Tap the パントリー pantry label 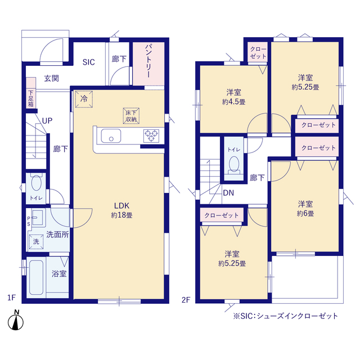tap(148, 61)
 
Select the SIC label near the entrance tap(89, 62)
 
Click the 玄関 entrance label tap(51, 79)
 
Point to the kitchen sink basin tap(111, 136)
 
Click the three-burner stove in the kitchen tap(151, 136)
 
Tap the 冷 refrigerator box tap(84, 99)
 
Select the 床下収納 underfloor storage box tap(131, 116)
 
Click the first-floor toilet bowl tap(36, 183)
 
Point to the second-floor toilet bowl tap(234, 164)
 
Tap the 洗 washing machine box tap(36, 241)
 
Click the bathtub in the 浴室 tap(36, 277)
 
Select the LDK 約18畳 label tap(121, 210)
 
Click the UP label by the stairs tap(47, 121)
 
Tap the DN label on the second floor tap(228, 193)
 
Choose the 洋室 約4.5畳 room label tap(234, 97)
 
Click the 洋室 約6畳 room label tap(305, 209)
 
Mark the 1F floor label tap(11, 298)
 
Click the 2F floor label tap(186, 300)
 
